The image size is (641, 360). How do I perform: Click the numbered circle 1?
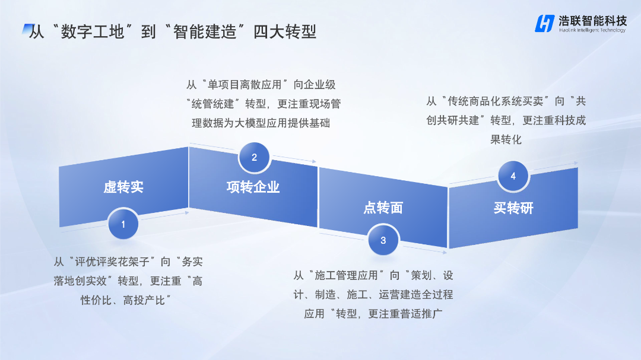[123, 225]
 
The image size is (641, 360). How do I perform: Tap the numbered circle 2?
[254, 158]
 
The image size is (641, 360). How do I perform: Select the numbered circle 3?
[383, 240]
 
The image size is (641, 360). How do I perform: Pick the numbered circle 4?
[513, 176]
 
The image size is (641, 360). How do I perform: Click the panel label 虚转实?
[123, 187]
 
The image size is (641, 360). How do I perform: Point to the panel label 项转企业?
[253, 187]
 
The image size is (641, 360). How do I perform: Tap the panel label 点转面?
[383, 208]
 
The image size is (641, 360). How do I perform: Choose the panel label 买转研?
[513, 208]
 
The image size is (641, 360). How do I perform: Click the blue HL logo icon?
[544, 24]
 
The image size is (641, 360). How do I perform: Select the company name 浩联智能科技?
[592, 20]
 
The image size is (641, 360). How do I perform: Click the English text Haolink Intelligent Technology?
[592, 30]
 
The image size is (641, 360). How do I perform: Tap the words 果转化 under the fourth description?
[506, 139]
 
